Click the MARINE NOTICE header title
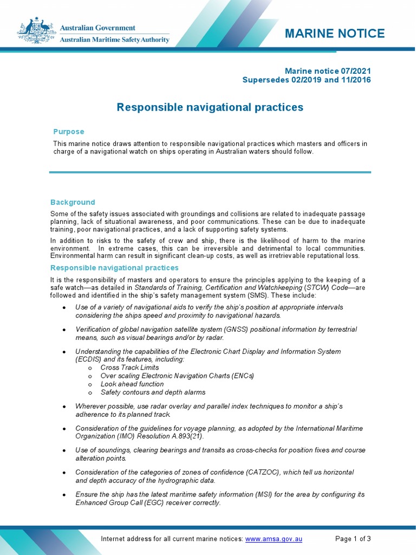click(335, 34)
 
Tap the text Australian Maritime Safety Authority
click(114, 40)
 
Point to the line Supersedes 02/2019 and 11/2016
click(307, 80)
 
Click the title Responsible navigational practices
click(210, 107)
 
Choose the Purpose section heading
click(68, 132)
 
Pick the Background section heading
click(73, 202)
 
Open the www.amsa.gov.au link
click(274, 539)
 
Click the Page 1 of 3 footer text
click(353, 539)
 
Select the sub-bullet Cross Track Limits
click(130, 367)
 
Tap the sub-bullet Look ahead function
click(132, 384)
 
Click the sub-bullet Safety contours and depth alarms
click(153, 392)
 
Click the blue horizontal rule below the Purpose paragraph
click(210, 172)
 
